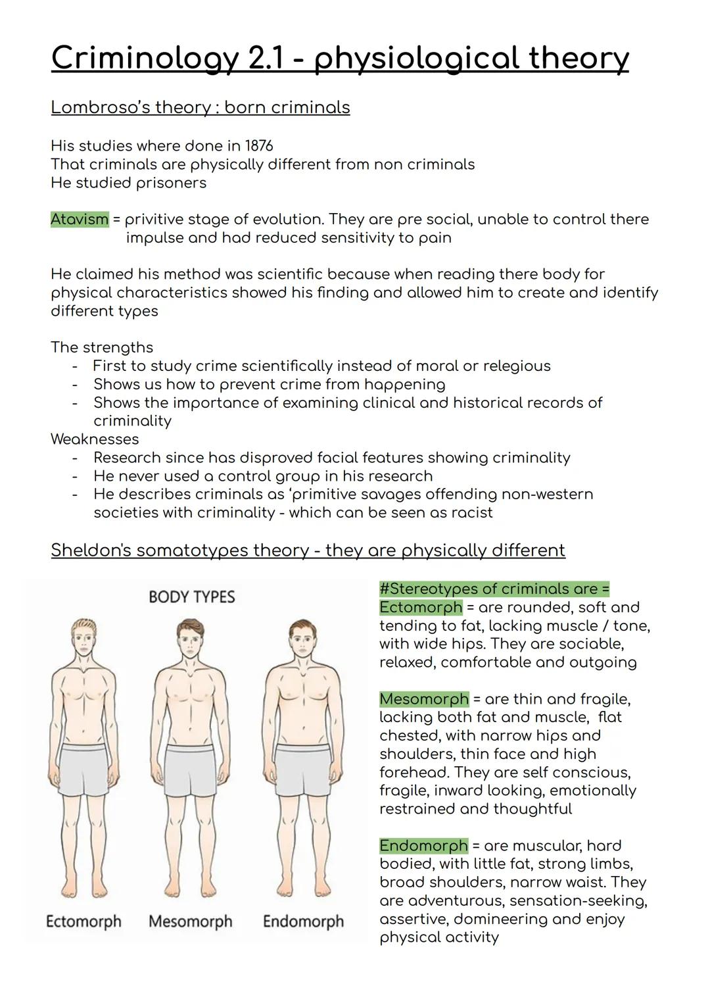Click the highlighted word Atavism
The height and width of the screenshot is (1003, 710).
(x=80, y=219)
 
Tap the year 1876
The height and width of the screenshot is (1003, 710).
(x=259, y=145)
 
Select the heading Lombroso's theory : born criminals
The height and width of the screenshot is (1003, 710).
(x=200, y=107)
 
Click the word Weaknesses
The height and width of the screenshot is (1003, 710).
(x=95, y=439)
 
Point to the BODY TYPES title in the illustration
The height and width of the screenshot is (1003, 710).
(x=191, y=597)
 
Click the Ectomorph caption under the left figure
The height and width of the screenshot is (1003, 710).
(x=83, y=921)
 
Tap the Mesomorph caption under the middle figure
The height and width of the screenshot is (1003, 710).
(x=191, y=921)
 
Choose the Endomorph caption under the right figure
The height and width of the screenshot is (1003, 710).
(x=303, y=921)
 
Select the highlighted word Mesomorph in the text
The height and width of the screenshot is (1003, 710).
(x=424, y=698)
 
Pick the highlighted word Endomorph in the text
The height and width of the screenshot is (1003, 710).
(x=423, y=845)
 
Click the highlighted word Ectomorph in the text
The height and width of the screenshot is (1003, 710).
(x=421, y=607)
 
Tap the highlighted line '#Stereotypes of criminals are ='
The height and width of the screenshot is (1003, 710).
(x=494, y=589)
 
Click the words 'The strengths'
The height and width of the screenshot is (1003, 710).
(x=102, y=347)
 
